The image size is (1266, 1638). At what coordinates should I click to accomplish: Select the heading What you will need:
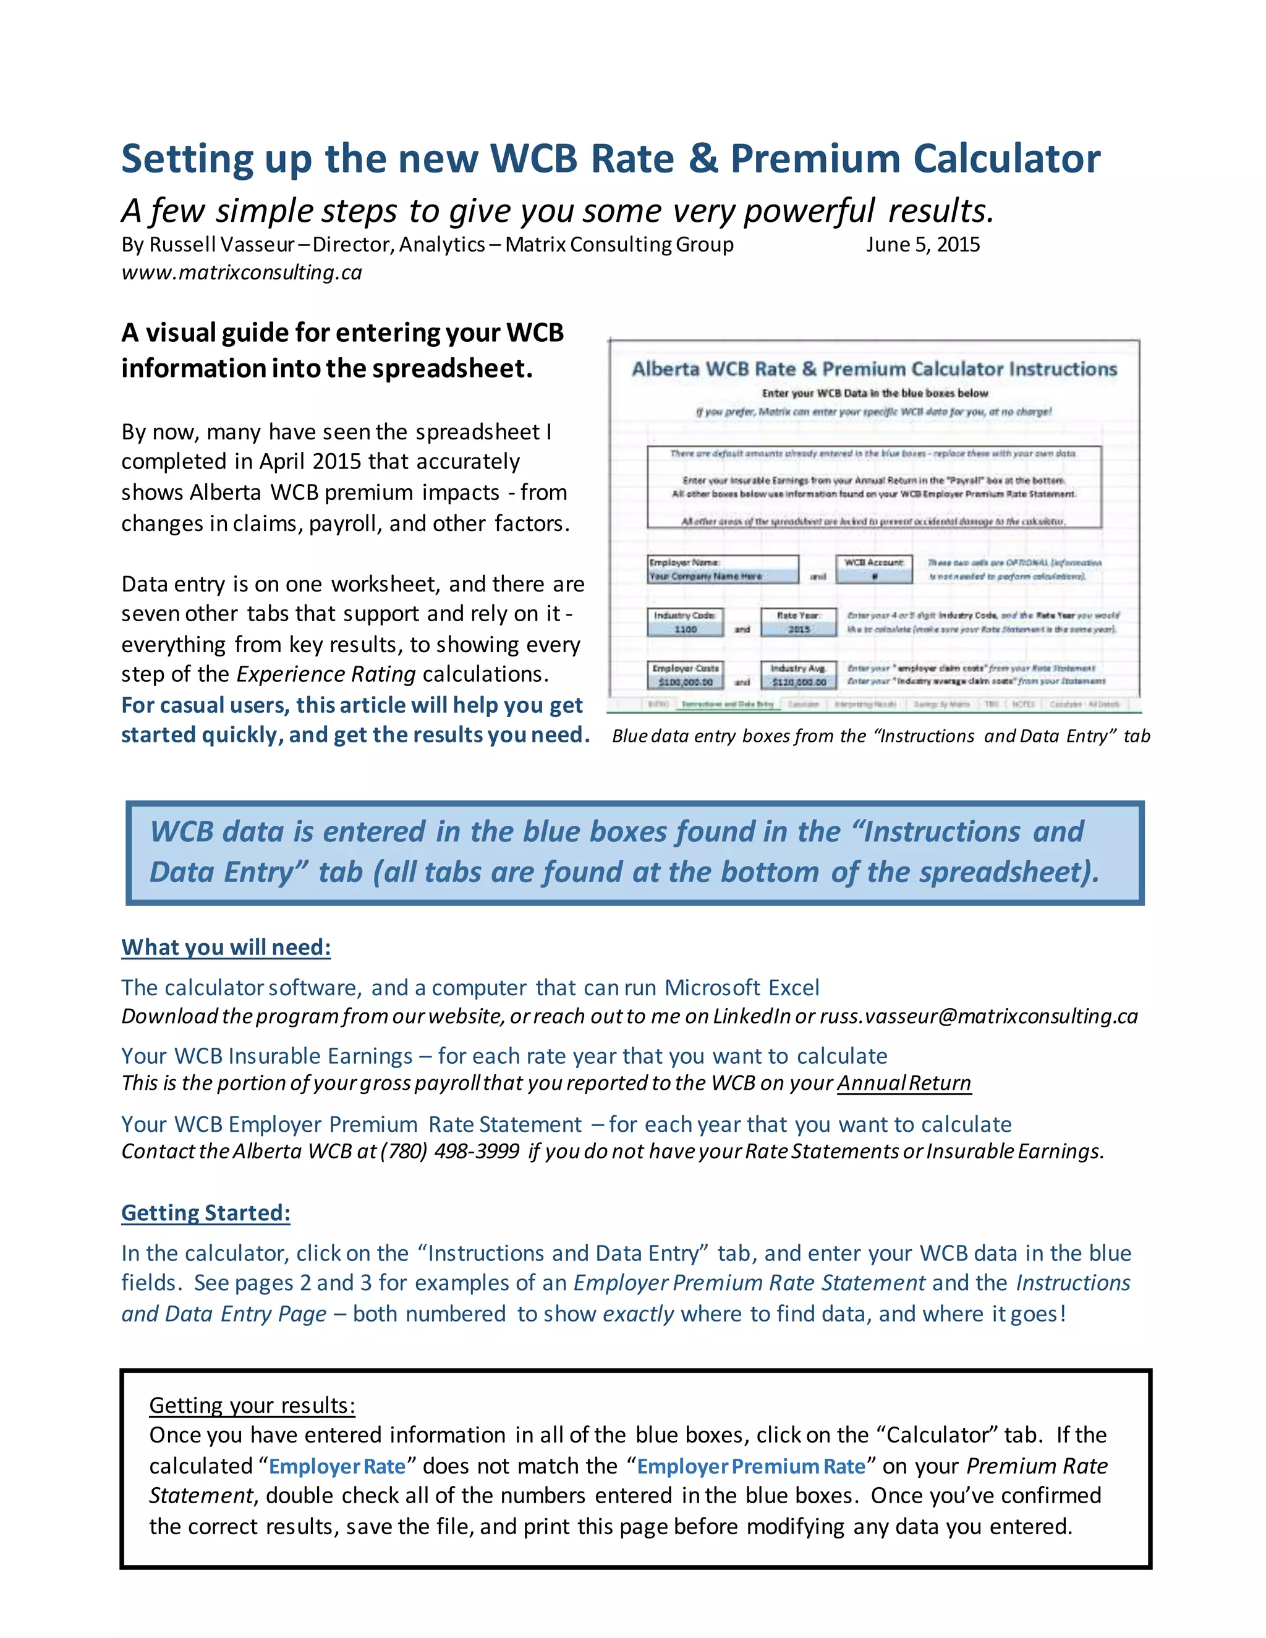[226, 947]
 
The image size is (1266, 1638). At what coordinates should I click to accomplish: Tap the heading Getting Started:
[205, 1213]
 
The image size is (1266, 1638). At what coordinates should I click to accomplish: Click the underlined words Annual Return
[904, 1083]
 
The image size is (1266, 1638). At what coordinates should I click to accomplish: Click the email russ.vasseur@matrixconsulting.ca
[979, 1016]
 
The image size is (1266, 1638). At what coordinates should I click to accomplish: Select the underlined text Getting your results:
[252, 1405]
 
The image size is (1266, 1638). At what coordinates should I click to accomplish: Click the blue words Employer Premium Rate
[750, 1466]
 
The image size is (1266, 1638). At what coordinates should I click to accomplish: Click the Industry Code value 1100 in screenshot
[686, 629]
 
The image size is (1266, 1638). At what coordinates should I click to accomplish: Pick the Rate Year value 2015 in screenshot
[799, 629]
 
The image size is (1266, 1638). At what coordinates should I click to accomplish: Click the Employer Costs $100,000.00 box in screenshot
[686, 682]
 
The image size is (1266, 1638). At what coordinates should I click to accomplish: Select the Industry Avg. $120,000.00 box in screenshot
[799, 682]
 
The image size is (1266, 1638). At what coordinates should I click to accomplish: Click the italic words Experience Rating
[326, 674]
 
